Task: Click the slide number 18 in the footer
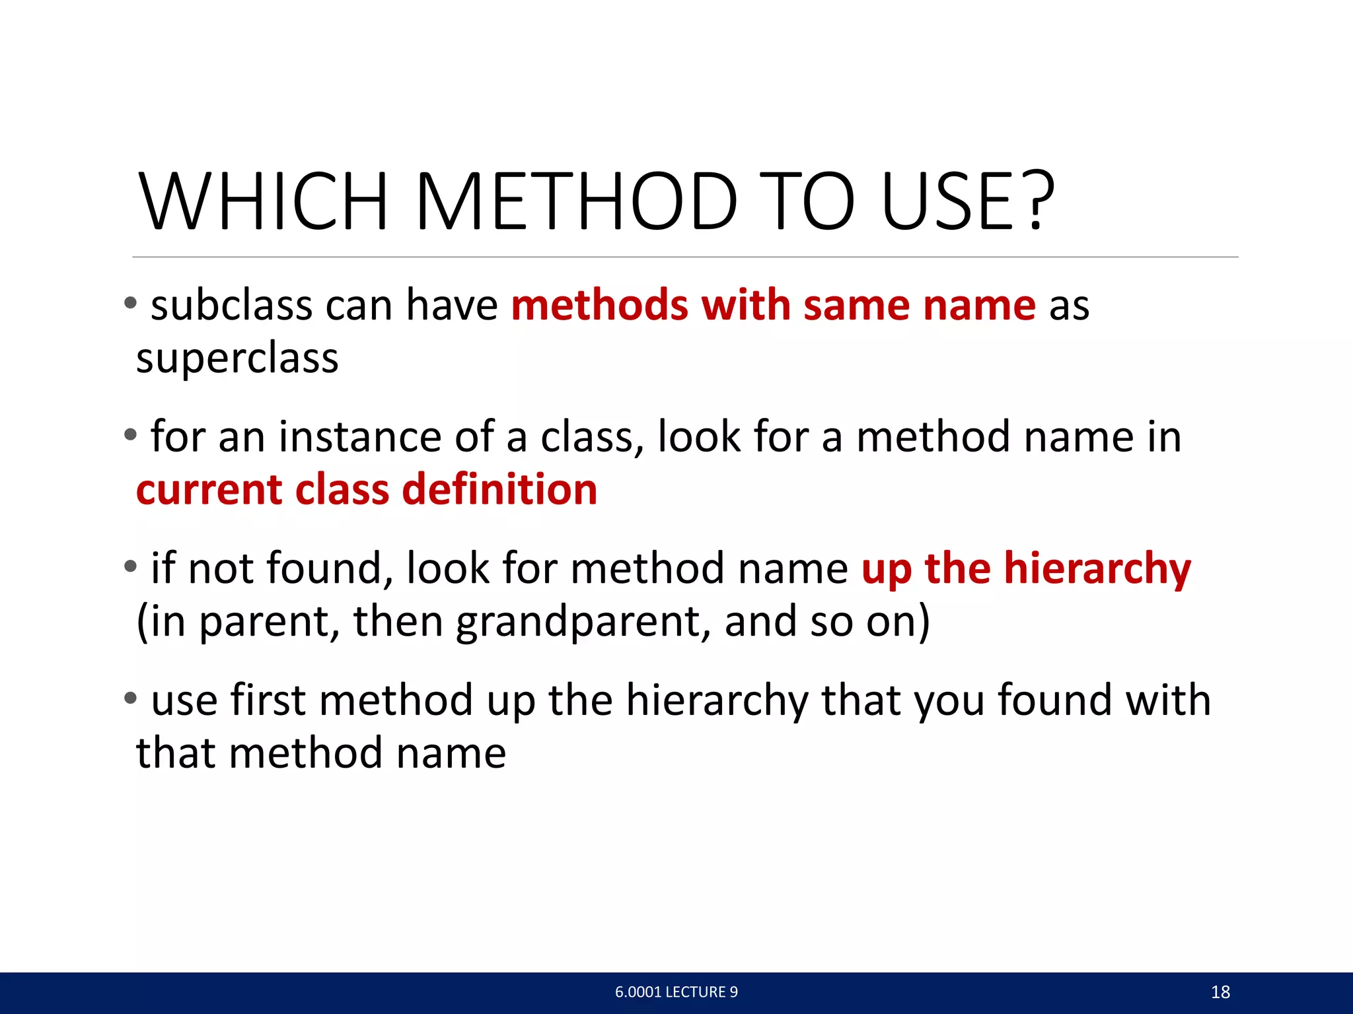1220,992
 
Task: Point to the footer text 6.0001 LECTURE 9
676,992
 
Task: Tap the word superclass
237,358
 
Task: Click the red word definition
499,490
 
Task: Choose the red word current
209,490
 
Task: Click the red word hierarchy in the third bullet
1097,569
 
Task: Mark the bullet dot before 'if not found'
130,566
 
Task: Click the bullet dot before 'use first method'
130,697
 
